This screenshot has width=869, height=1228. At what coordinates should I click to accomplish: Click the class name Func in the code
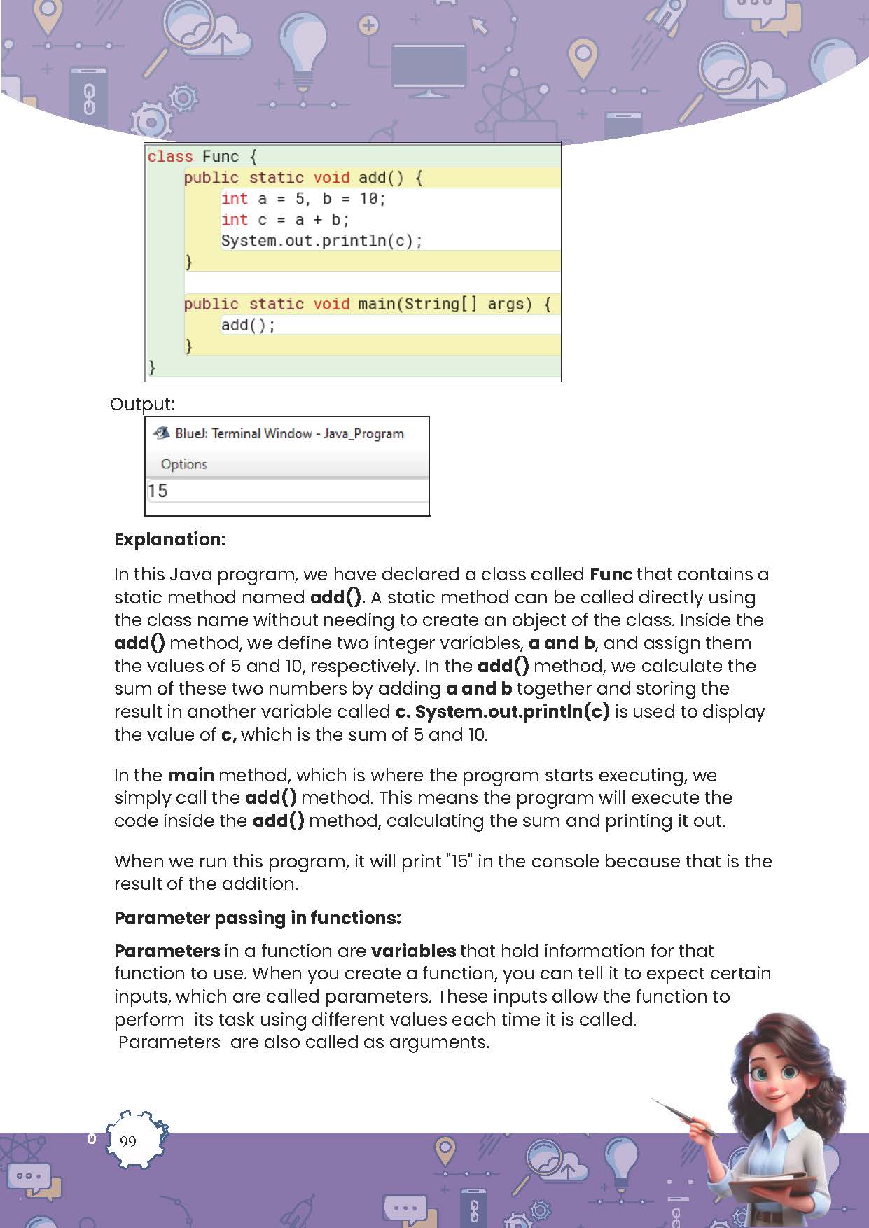pyautogui.click(x=221, y=156)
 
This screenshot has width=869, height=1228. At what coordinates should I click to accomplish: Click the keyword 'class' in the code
pyautogui.click(x=170, y=156)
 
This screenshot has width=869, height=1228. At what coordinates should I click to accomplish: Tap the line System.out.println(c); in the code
pyautogui.click(x=321, y=241)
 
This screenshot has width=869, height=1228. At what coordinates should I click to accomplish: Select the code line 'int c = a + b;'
pyautogui.click(x=285, y=220)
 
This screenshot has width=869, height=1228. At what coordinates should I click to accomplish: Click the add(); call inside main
pyautogui.click(x=248, y=325)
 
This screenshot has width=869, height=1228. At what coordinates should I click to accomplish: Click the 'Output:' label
pyautogui.click(x=142, y=404)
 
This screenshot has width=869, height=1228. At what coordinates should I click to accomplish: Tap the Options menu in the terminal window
pyautogui.click(x=184, y=464)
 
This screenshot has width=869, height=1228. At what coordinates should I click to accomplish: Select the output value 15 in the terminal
pyautogui.click(x=158, y=491)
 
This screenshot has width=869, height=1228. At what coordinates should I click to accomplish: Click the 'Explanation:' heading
pyautogui.click(x=170, y=539)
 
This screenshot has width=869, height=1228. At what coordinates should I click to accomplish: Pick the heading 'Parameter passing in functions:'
pyautogui.click(x=258, y=918)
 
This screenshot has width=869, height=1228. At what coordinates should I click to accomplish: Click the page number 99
pyautogui.click(x=128, y=1141)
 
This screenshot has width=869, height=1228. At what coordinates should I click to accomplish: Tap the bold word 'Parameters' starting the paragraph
pyautogui.click(x=167, y=951)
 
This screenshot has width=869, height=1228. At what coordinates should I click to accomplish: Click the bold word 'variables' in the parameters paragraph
pyautogui.click(x=413, y=951)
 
